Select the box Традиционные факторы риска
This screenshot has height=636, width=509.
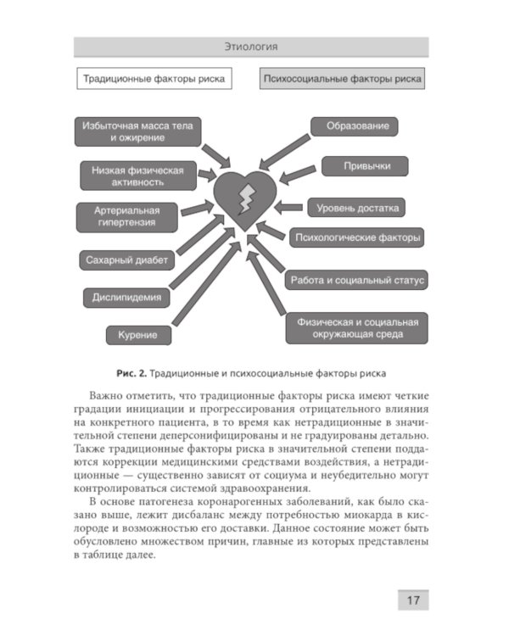pyautogui.click(x=154, y=80)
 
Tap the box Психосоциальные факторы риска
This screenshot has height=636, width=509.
pyautogui.click(x=342, y=80)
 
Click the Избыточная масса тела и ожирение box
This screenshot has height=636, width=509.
pyautogui.click(x=137, y=131)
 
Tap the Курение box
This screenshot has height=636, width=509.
pyautogui.click(x=132, y=335)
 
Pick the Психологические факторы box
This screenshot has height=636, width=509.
pyautogui.click(x=356, y=238)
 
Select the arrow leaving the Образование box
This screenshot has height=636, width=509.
pyautogui.click(x=284, y=148)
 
